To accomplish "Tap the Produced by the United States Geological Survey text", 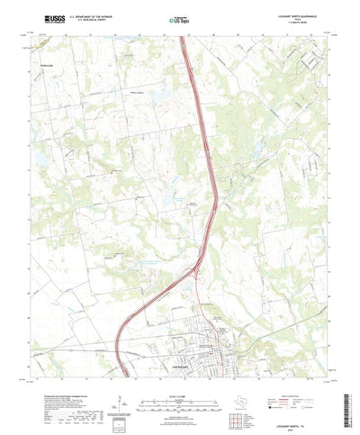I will pos(67,382).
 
